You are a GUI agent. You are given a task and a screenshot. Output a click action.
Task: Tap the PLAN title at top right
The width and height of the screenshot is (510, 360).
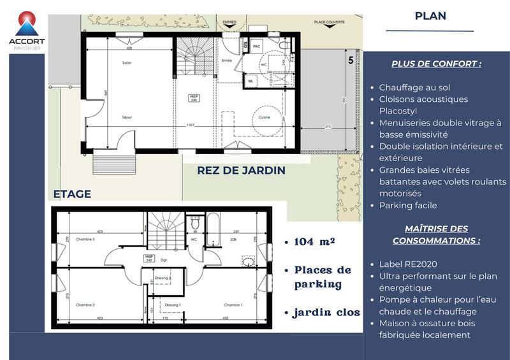point(430,16)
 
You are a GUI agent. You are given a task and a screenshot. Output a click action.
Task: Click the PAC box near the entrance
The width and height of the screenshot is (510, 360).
point(258,47)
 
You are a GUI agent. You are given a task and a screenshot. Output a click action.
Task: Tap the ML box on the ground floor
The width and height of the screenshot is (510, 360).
point(251,81)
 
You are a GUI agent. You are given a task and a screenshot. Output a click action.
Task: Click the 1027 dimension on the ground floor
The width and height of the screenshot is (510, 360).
point(190,125)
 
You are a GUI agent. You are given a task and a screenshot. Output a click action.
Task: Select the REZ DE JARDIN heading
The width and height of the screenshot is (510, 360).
point(241,171)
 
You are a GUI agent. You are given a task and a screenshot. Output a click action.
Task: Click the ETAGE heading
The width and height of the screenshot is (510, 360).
point(72,194)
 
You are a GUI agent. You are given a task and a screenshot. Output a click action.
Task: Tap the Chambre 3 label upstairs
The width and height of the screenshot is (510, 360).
point(85,239)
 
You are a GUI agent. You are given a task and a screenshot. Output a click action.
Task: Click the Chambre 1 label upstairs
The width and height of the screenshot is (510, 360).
point(233,305)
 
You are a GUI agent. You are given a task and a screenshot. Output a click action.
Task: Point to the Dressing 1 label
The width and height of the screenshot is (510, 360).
point(173,305)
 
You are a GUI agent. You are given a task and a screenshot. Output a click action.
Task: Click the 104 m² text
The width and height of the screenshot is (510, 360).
point(315,242)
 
